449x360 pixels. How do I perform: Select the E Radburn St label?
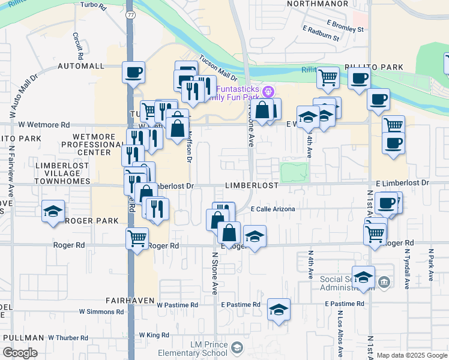321,37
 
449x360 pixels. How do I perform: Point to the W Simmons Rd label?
101,312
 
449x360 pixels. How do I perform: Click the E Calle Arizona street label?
273,209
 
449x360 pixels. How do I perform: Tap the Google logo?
19,353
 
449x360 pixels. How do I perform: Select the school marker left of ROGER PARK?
53,211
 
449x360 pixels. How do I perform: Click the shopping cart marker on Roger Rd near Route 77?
137,238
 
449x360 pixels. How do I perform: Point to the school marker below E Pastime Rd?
279,310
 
